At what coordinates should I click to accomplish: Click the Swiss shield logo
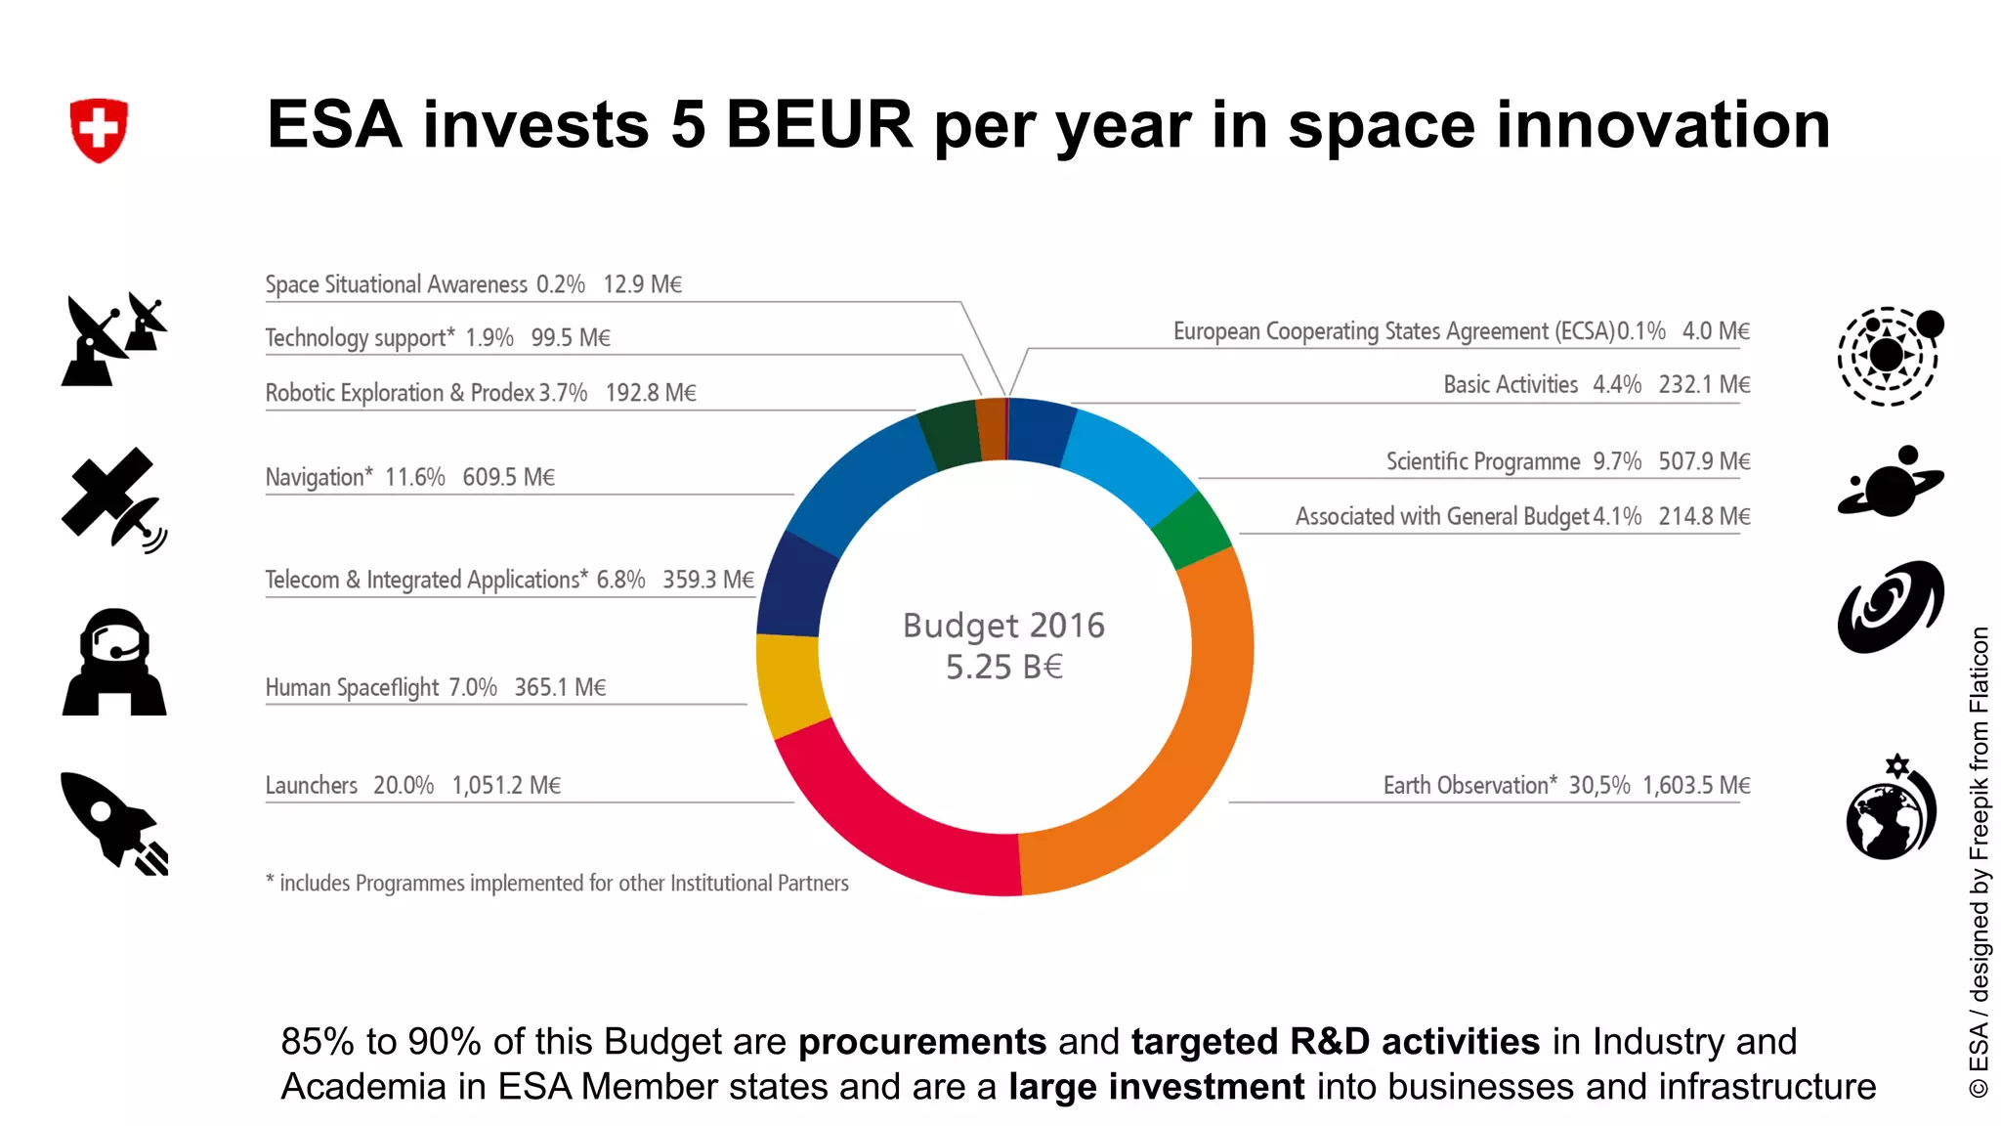[x=99, y=129]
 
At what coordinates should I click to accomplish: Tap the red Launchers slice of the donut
[x=879, y=821]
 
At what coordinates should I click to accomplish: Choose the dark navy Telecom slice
[x=793, y=586]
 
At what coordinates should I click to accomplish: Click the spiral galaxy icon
[x=1891, y=606]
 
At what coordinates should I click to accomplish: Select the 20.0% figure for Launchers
[x=404, y=786]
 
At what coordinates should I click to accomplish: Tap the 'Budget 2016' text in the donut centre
[x=1003, y=626]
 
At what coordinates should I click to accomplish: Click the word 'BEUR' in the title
[x=819, y=125]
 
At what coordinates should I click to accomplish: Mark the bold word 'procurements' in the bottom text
[x=922, y=1042]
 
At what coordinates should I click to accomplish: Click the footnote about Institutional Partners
[x=558, y=884]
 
